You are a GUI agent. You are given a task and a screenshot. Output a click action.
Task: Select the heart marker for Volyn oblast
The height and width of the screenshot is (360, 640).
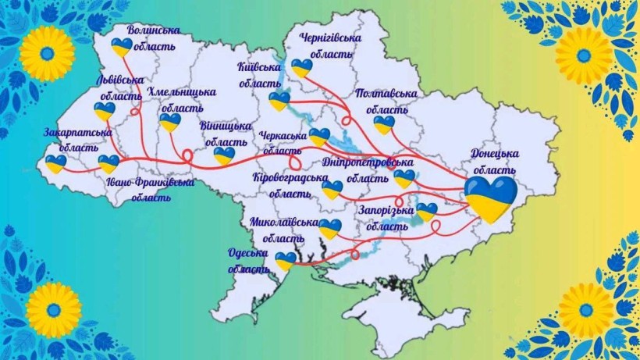121,47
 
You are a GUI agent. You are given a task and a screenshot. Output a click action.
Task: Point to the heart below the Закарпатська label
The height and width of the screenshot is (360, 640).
55,163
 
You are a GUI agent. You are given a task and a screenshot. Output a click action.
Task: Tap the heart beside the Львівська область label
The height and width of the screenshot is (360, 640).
104,111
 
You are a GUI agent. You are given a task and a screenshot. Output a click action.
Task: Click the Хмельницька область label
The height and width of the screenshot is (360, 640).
181,99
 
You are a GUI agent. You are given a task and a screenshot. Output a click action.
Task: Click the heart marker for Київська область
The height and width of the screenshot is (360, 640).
279,102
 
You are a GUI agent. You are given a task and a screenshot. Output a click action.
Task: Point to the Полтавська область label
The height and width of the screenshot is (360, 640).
386,101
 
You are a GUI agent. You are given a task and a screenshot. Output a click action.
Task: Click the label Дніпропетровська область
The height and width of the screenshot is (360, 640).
367,169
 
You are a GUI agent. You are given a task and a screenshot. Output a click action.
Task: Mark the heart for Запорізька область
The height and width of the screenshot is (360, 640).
427,211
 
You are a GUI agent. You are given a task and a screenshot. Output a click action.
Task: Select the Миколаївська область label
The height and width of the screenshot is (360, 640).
283,230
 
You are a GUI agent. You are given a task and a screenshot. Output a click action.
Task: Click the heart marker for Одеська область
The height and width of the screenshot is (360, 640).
286,260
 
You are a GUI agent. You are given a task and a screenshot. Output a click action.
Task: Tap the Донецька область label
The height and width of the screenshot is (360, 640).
495,161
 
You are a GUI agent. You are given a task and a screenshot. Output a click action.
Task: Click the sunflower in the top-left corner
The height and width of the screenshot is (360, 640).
47,52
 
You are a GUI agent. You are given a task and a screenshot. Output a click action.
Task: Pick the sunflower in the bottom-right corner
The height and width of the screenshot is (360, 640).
586,310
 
